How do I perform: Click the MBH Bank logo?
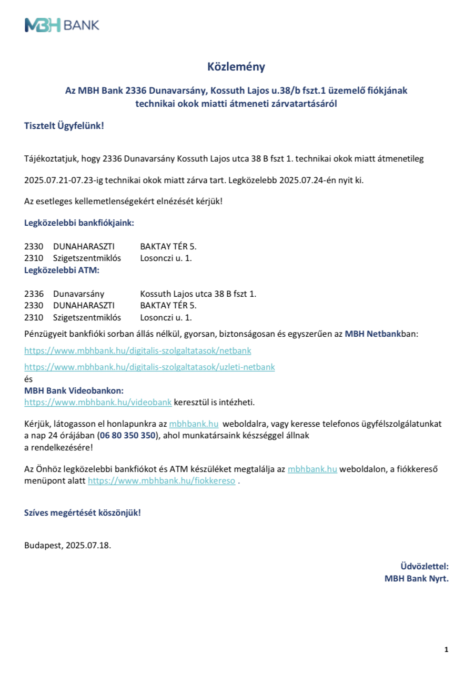(x=62, y=25)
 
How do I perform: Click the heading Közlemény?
(x=236, y=67)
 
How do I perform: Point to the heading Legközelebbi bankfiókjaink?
(x=79, y=223)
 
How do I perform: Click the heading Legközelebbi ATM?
(x=62, y=270)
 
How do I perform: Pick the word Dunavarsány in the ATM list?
(x=79, y=294)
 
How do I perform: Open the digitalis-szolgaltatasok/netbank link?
(x=138, y=350)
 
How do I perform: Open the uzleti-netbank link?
(x=149, y=367)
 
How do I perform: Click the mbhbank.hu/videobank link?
(x=98, y=403)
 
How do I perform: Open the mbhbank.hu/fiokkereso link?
(x=162, y=480)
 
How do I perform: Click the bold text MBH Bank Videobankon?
(x=74, y=391)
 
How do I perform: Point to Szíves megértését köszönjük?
(x=83, y=513)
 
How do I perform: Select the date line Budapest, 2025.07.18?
(x=68, y=545)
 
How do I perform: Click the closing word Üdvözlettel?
(x=425, y=566)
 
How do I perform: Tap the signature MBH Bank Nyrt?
(x=417, y=578)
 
